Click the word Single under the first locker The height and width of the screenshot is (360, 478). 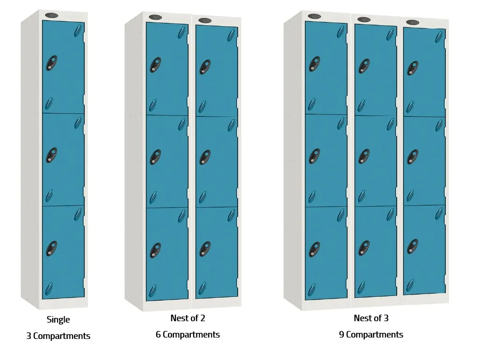click(x=58, y=320)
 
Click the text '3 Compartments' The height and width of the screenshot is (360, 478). click(x=58, y=336)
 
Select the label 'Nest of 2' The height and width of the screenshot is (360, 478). click(x=188, y=318)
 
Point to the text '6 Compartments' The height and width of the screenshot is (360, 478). click(x=188, y=335)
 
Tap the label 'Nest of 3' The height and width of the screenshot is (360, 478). click(x=371, y=318)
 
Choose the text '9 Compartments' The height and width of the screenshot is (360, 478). click(x=371, y=335)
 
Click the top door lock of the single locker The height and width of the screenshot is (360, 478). click(x=51, y=63)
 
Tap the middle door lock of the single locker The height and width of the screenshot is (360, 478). click(x=51, y=155)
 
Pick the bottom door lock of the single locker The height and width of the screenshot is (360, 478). click(x=51, y=248)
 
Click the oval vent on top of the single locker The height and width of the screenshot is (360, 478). click(x=51, y=15)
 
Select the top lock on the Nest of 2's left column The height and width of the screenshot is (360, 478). click(x=155, y=65)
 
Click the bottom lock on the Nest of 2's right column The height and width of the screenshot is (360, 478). click(x=204, y=249)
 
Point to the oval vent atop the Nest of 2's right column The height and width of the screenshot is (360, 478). click(x=204, y=20)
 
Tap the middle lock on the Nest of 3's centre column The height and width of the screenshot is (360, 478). click(x=363, y=156)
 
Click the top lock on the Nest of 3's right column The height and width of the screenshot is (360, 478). click(x=412, y=67)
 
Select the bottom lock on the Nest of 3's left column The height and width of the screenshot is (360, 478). click(x=314, y=249)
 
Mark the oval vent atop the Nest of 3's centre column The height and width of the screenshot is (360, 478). click(x=363, y=19)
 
